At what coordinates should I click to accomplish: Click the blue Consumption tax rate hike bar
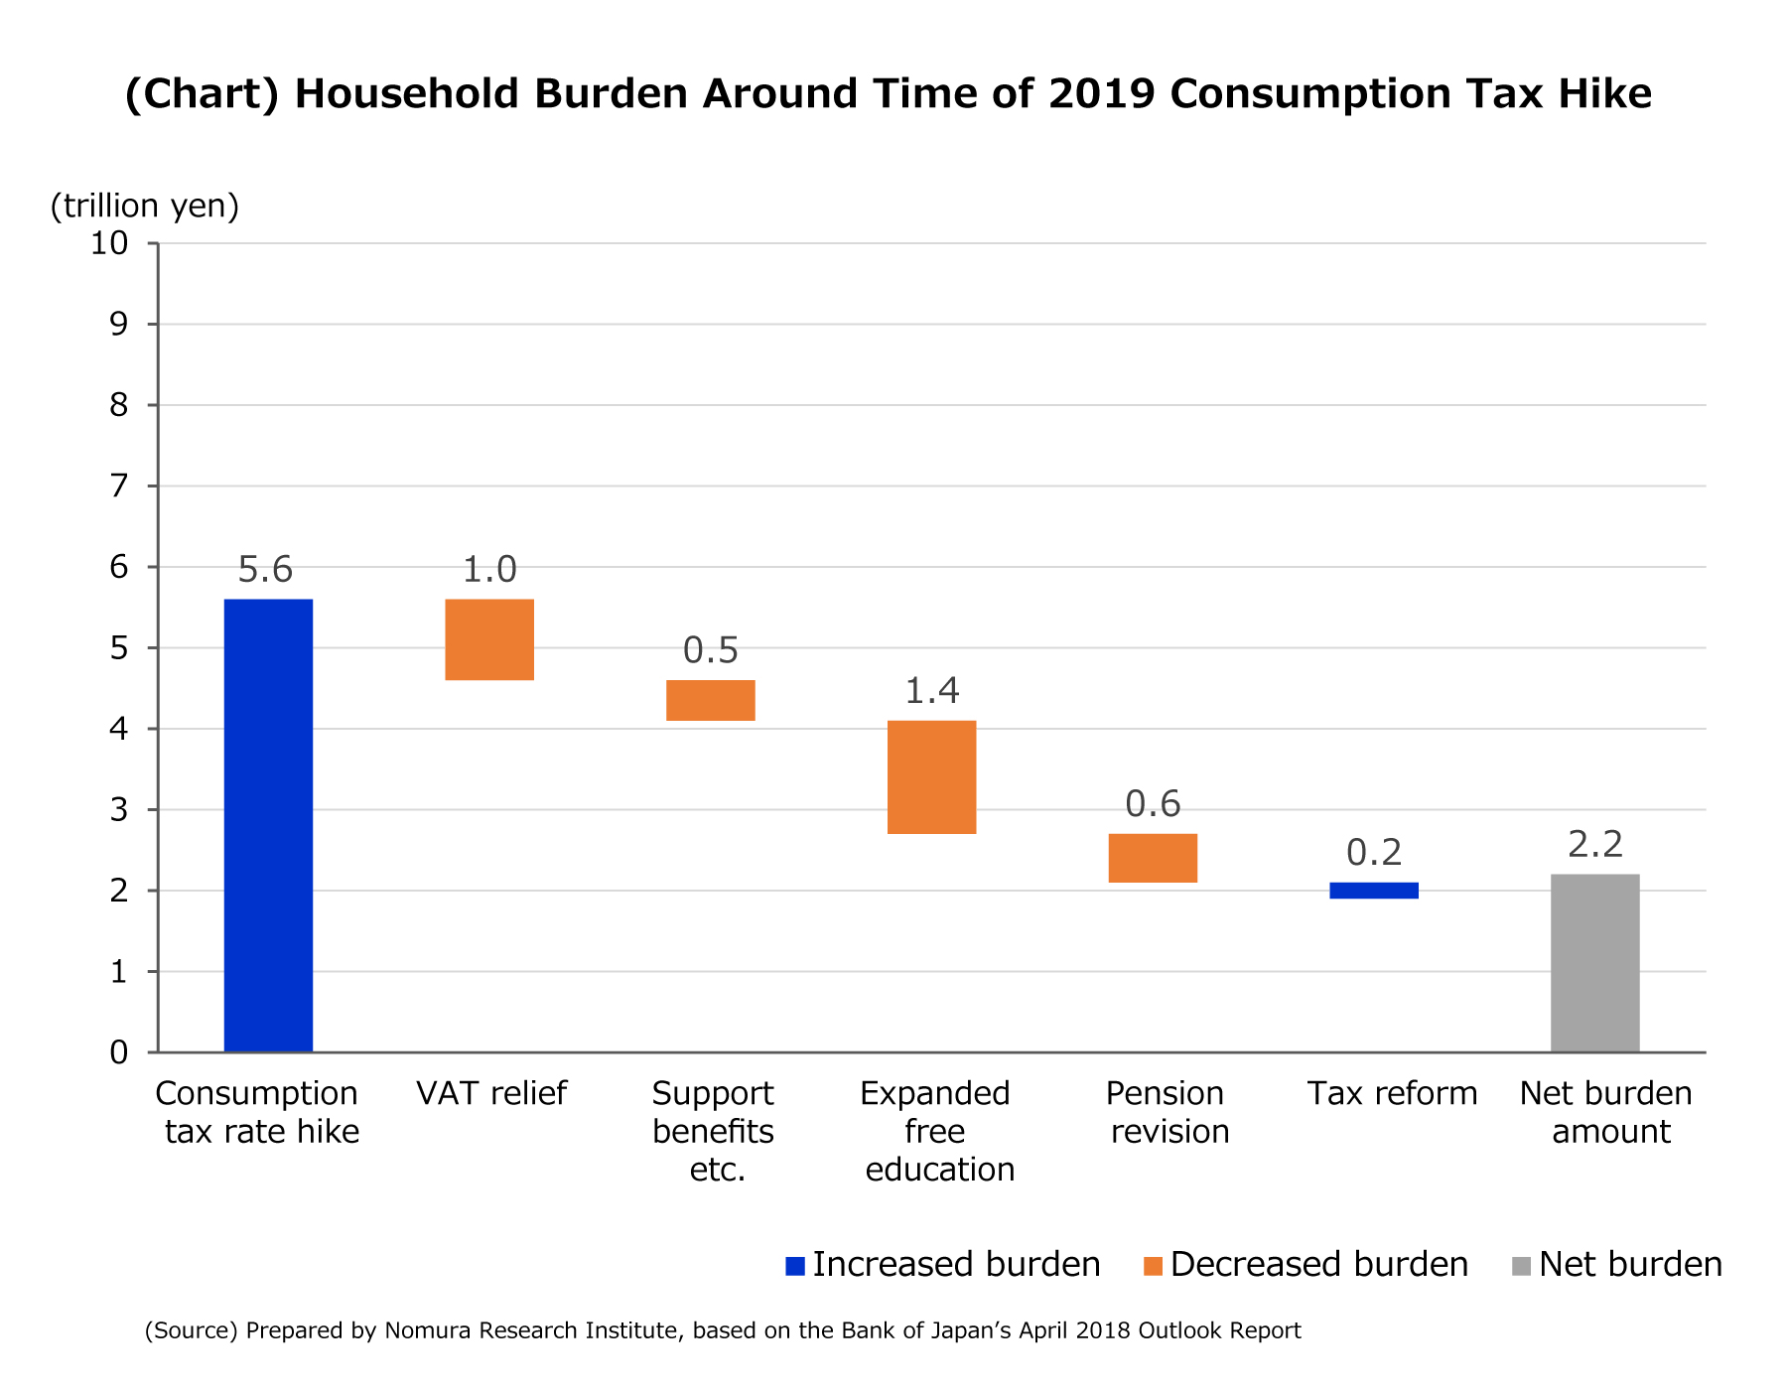268,824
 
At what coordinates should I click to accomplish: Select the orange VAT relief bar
489,639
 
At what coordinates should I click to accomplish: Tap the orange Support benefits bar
711,700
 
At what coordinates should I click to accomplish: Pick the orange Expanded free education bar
931,776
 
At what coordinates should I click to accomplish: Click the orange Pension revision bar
1153,858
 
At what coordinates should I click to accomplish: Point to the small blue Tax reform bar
1374,891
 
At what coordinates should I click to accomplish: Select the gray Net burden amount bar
1594,962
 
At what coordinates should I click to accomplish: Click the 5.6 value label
266,570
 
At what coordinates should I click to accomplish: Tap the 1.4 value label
931,691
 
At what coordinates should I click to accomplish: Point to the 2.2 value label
1595,845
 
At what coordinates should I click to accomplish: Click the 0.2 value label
1374,853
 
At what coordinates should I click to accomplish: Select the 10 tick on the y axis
109,243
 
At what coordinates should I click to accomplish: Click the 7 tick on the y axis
119,486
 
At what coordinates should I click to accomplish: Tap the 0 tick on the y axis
119,1052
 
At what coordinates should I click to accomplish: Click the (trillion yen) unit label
145,206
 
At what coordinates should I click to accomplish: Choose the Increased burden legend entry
943,1265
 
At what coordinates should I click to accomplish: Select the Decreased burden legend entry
1306,1265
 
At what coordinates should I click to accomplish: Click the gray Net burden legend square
1521,1266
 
